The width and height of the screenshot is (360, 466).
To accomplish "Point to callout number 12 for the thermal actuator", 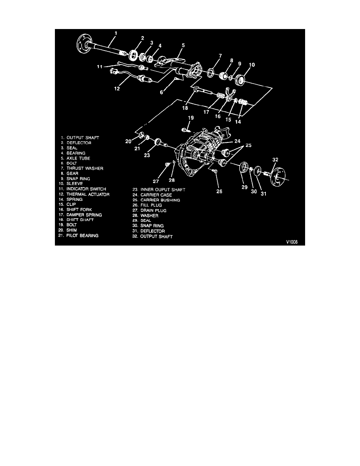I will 117,89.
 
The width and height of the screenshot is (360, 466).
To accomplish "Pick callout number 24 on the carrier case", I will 238,141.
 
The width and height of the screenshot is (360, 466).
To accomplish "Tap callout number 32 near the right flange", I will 275,160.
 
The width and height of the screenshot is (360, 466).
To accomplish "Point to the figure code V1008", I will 292,242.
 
